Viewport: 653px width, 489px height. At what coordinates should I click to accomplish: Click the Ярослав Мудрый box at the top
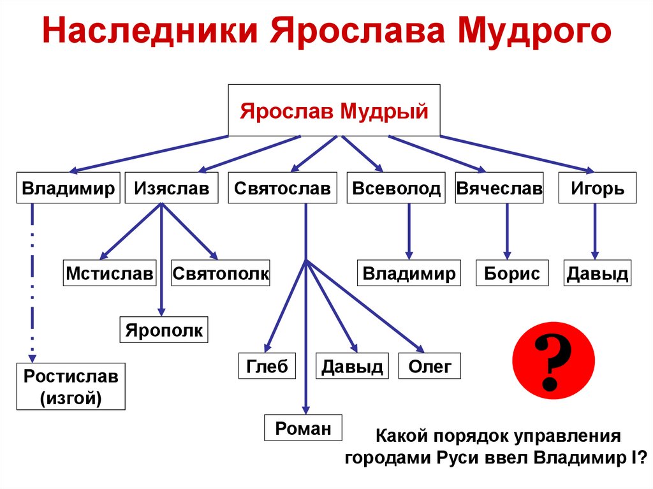coord(334,110)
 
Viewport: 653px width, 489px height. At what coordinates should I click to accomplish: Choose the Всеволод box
coord(396,188)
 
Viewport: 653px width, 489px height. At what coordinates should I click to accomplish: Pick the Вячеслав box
coord(499,188)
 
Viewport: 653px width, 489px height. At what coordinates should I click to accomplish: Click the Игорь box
coord(597,188)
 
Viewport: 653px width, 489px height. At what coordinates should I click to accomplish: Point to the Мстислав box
coord(110,274)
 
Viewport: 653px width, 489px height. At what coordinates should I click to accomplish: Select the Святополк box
coord(221,274)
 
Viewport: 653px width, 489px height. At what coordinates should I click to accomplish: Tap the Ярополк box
coord(164,330)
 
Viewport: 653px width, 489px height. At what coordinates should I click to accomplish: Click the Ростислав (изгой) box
coord(71,386)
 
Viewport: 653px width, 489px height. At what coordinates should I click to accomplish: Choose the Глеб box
coord(267,366)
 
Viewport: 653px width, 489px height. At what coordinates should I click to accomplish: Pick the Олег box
coord(429,366)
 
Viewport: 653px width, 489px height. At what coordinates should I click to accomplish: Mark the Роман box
coord(304,428)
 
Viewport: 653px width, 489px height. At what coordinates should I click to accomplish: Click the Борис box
coord(511,274)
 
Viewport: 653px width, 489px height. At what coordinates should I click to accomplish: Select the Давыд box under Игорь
coord(597,274)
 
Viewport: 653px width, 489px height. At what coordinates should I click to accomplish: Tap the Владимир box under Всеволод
coord(409,274)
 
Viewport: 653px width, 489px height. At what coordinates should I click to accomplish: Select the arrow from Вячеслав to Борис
coord(508,231)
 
